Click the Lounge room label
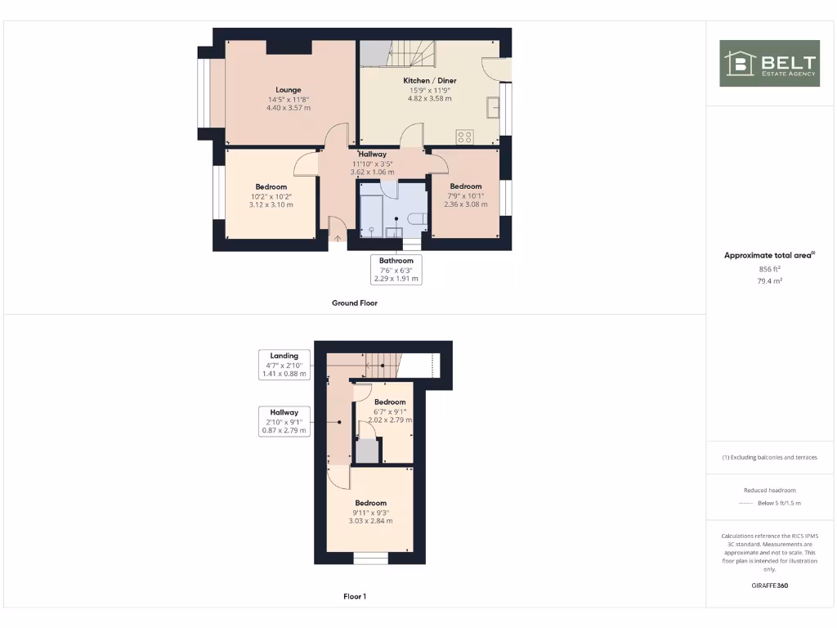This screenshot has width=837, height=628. click(288, 90)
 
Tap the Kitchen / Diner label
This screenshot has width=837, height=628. click(430, 81)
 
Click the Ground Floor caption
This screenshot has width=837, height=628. click(354, 303)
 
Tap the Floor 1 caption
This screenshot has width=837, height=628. click(354, 596)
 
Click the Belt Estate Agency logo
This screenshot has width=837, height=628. click(769, 64)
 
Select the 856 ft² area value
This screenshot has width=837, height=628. click(769, 268)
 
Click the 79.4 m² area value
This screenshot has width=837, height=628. click(769, 280)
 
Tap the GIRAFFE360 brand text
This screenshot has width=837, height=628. click(769, 585)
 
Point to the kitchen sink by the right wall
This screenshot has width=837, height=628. click(493, 108)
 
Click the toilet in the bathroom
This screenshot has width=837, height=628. click(417, 219)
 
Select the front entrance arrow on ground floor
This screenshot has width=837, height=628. click(337, 239)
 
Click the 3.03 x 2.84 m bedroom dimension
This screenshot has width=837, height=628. click(370, 521)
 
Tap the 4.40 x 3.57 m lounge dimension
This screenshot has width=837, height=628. click(288, 108)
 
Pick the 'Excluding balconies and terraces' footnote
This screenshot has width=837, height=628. click(769, 457)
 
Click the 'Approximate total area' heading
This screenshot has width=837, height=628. click(769, 256)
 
